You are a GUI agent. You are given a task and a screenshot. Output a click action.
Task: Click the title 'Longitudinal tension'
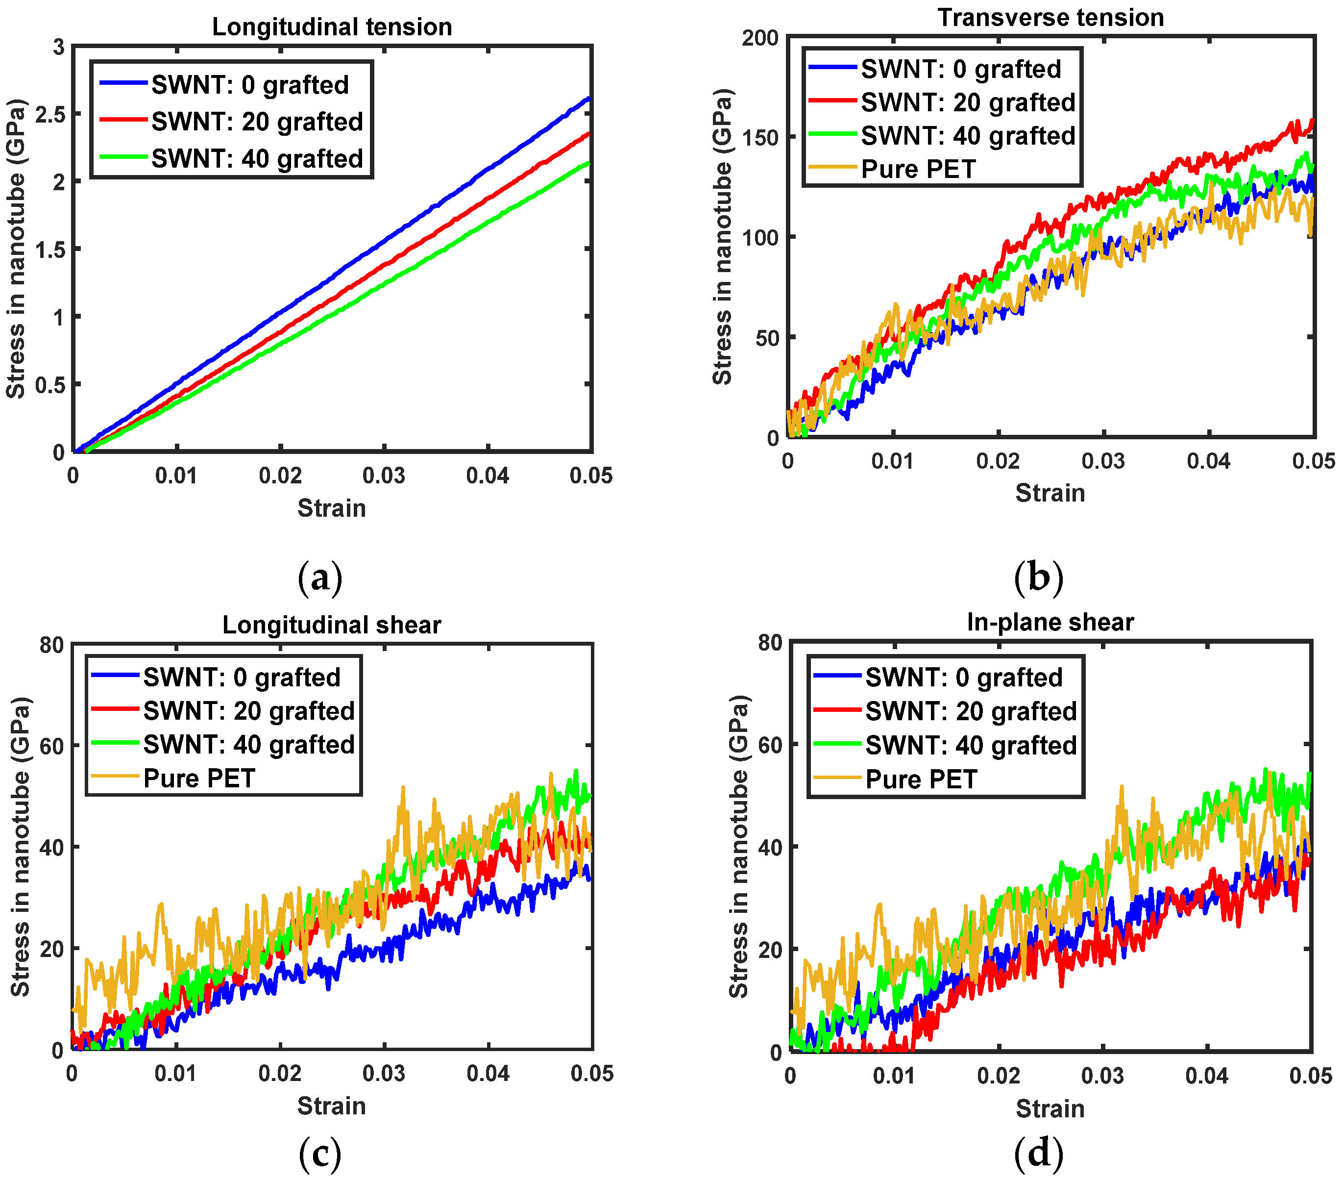pyautogui.click(x=332, y=27)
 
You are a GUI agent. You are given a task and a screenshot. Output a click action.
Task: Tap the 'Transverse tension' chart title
pyautogui.click(x=1050, y=17)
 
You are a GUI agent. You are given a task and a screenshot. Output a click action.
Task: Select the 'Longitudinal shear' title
pyautogui.click(x=332, y=625)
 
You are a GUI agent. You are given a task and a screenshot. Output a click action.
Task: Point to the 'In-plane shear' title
pyautogui.click(x=1050, y=622)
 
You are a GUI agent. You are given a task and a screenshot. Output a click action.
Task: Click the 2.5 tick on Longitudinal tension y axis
pyautogui.click(x=49, y=114)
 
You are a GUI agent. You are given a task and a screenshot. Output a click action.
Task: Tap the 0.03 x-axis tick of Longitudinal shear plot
pyautogui.click(x=384, y=1074)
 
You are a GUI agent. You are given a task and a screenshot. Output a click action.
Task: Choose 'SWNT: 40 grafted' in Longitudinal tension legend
pyautogui.click(x=257, y=158)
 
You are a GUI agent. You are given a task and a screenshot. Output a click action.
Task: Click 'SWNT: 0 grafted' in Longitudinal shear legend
pyautogui.click(x=242, y=677)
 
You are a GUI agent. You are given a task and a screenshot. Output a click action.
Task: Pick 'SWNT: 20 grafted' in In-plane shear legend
pyautogui.click(x=971, y=711)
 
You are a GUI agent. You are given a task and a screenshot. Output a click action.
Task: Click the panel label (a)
pyautogui.click(x=320, y=578)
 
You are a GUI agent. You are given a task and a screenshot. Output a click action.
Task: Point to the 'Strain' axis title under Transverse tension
pyautogui.click(x=1050, y=492)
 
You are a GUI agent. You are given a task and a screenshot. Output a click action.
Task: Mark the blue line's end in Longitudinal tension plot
pyautogui.click(x=589, y=99)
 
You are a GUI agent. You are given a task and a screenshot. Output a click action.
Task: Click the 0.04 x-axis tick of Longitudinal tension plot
pyautogui.click(x=488, y=475)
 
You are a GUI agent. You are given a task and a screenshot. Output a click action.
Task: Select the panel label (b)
pyautogui.click(x=1038, y=578)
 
